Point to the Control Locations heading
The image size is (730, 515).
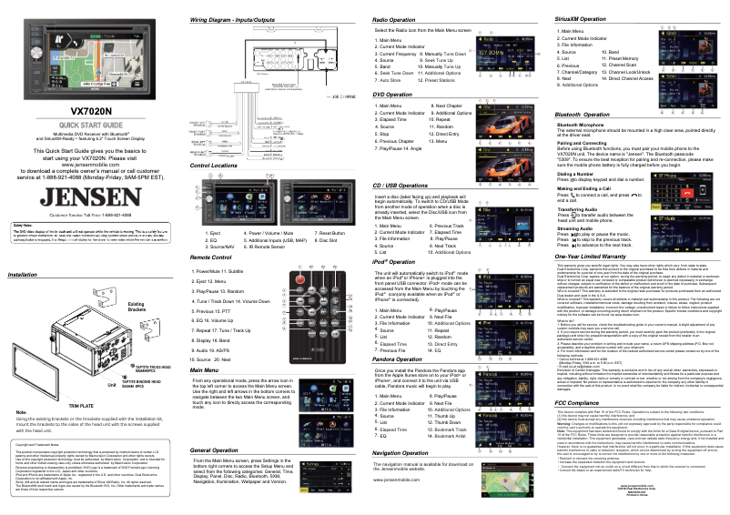[x=218, y=140]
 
